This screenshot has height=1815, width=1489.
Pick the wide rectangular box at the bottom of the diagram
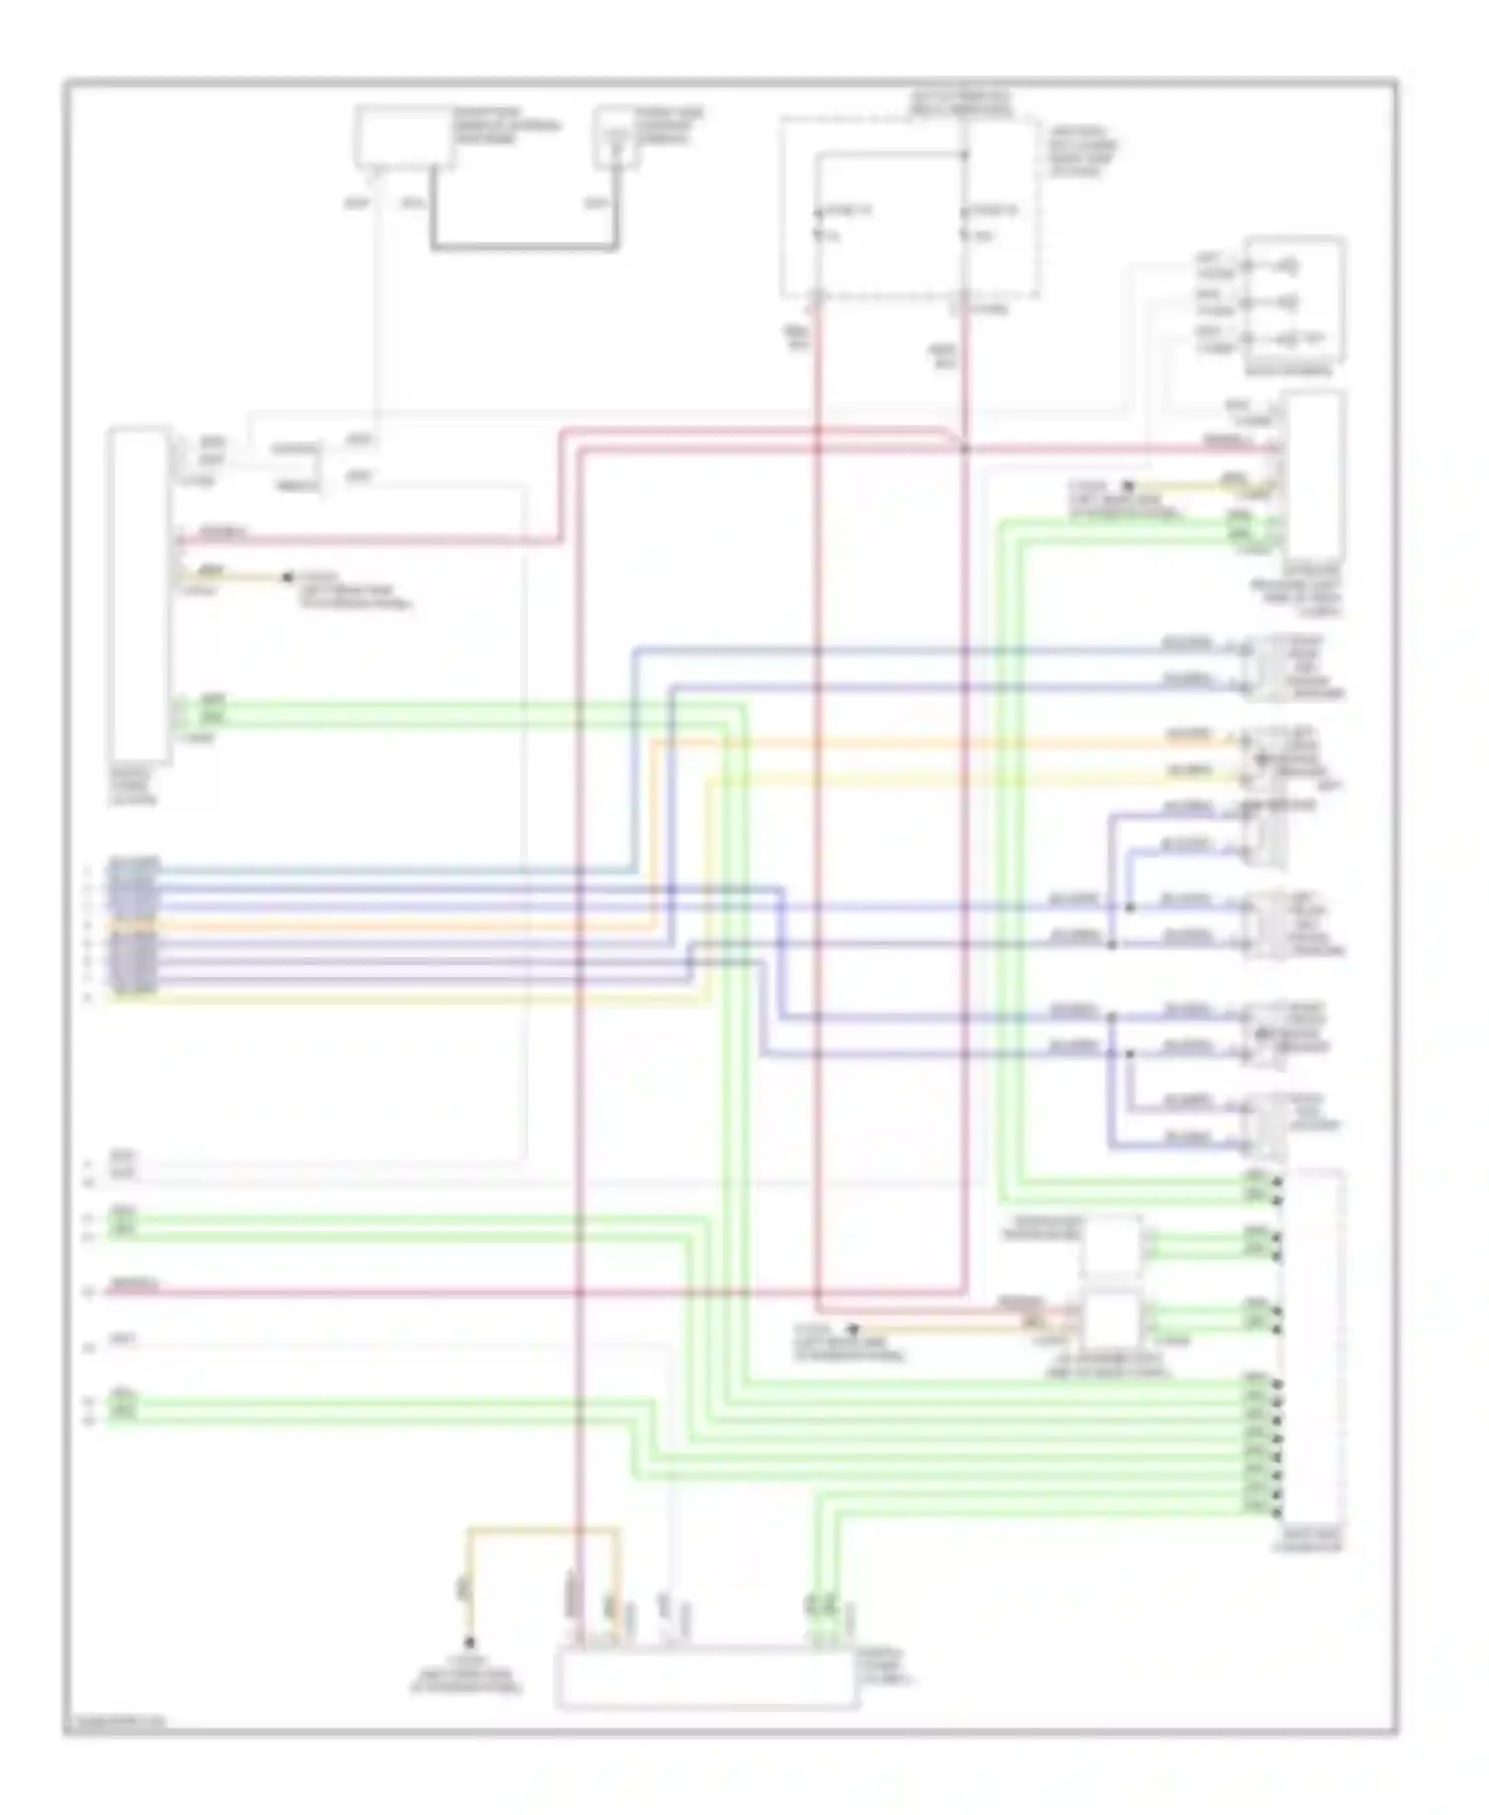pyautogui.click(x=706, y=1678)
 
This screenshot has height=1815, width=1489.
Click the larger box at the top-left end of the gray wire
pyautogui.click(x=404, y=136)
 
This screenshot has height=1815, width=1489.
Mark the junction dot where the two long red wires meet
pyautogui.click(x=964, y=450)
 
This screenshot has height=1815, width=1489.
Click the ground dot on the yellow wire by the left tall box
pyautogui.click(x=288, y=576)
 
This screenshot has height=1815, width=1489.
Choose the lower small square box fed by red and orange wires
pyautogui.click(x=1112, y=1319)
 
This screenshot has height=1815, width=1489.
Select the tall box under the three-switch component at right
pyautogui.click(x=1314, y=475)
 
